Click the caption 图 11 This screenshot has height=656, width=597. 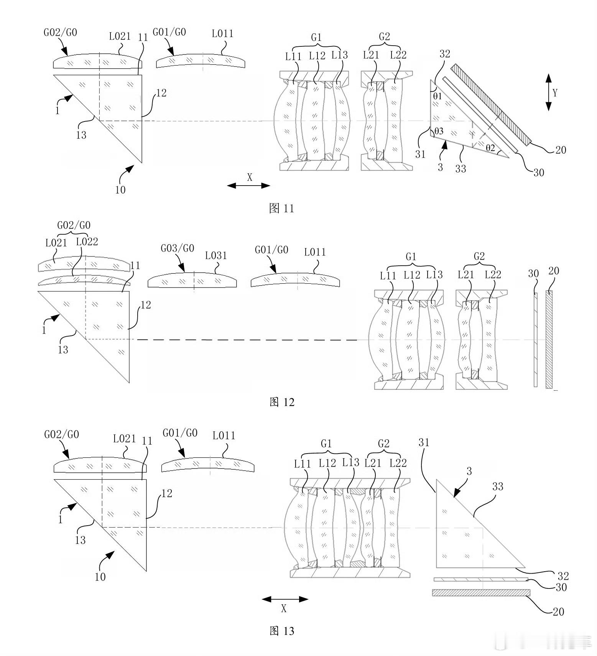pyautogui.click(x=281, y=208)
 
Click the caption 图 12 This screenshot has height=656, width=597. pyautogui.click(x=282, y=402)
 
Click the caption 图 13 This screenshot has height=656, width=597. pyautogui.click(x=282, y=631)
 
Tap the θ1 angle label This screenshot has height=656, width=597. pyautogui.click(x=437, y=96)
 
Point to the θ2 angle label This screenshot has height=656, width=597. pyautogui.click(x=490, y=147)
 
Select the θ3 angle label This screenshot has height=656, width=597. pyautogui.click(x=438, y=132)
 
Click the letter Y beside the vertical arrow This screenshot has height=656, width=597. pyautogui.click(x=555, y=92)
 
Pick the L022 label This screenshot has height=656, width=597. pyautogui.click(x=87, y=242)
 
